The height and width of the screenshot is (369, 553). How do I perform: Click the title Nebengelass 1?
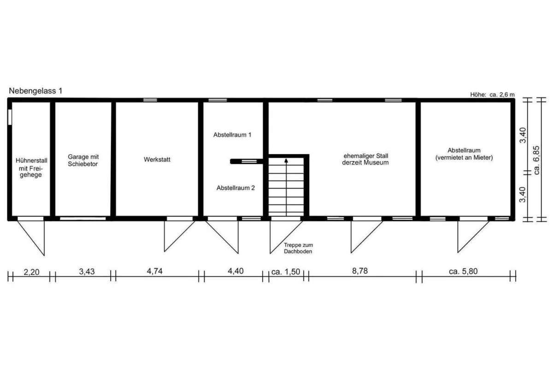click(x=35, y=91)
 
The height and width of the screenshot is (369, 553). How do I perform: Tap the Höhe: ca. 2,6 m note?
click(x=492, y=95)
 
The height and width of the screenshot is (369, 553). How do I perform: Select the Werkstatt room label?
click(x=157, y=160)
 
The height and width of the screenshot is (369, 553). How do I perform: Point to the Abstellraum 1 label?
click(x=232, y=135)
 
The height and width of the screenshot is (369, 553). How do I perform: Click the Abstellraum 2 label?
click(x=235, y=188)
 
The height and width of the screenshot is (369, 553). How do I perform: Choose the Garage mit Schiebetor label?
click(x=83, y=160)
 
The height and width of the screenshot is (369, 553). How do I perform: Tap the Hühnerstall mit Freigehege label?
click(x=31, y=167)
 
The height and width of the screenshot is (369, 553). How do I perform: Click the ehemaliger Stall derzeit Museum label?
click(x=365, y=159)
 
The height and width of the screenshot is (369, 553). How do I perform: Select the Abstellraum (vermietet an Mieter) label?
click(x=464, y=154)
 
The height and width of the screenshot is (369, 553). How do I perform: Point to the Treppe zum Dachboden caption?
click(x=298, y=248)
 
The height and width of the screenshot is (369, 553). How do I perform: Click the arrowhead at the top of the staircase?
click(x=286, y=161)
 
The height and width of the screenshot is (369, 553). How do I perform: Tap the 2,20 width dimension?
click(x=31, y=272)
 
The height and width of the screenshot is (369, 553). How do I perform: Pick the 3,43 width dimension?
click(x=87, y=272)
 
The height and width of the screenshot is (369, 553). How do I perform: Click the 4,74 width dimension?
click(x=154, y=271)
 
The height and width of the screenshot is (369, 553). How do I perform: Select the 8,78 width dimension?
click(x=360, y=271)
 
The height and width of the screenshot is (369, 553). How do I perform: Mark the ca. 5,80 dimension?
click(x=463, y=271)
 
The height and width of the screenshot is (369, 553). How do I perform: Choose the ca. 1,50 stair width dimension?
click(x=286, y=272)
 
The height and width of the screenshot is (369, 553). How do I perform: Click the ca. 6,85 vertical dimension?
click(x=536, y=160)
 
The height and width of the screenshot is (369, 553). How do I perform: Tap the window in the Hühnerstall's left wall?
click(x=10, y=117)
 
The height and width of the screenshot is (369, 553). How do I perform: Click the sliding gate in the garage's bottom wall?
click(x=83, y=219)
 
